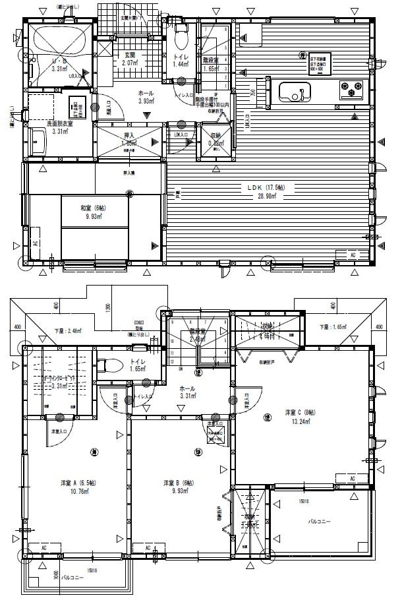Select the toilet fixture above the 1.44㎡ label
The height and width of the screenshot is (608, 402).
click(x=181, y=36)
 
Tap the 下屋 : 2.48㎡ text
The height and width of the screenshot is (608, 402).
click(x=68, y=330)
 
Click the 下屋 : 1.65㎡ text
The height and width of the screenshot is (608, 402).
click(x=333, y=327)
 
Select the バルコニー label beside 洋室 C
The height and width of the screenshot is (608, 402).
click(x=320, y=522)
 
